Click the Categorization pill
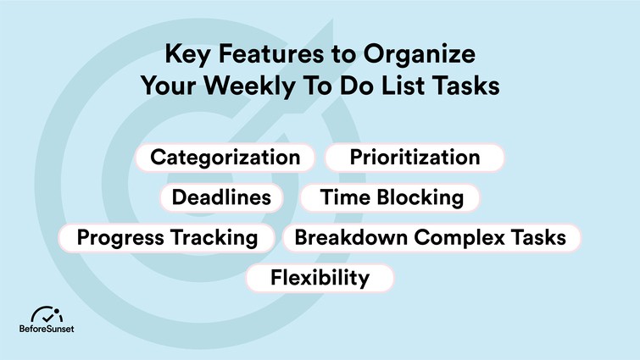[225, 158]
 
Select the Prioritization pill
[415, 158]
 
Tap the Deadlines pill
[221, 198]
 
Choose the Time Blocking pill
[392, 198]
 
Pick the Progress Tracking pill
[167, 238]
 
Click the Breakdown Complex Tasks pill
[430, 238]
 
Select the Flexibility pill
[320, 278]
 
